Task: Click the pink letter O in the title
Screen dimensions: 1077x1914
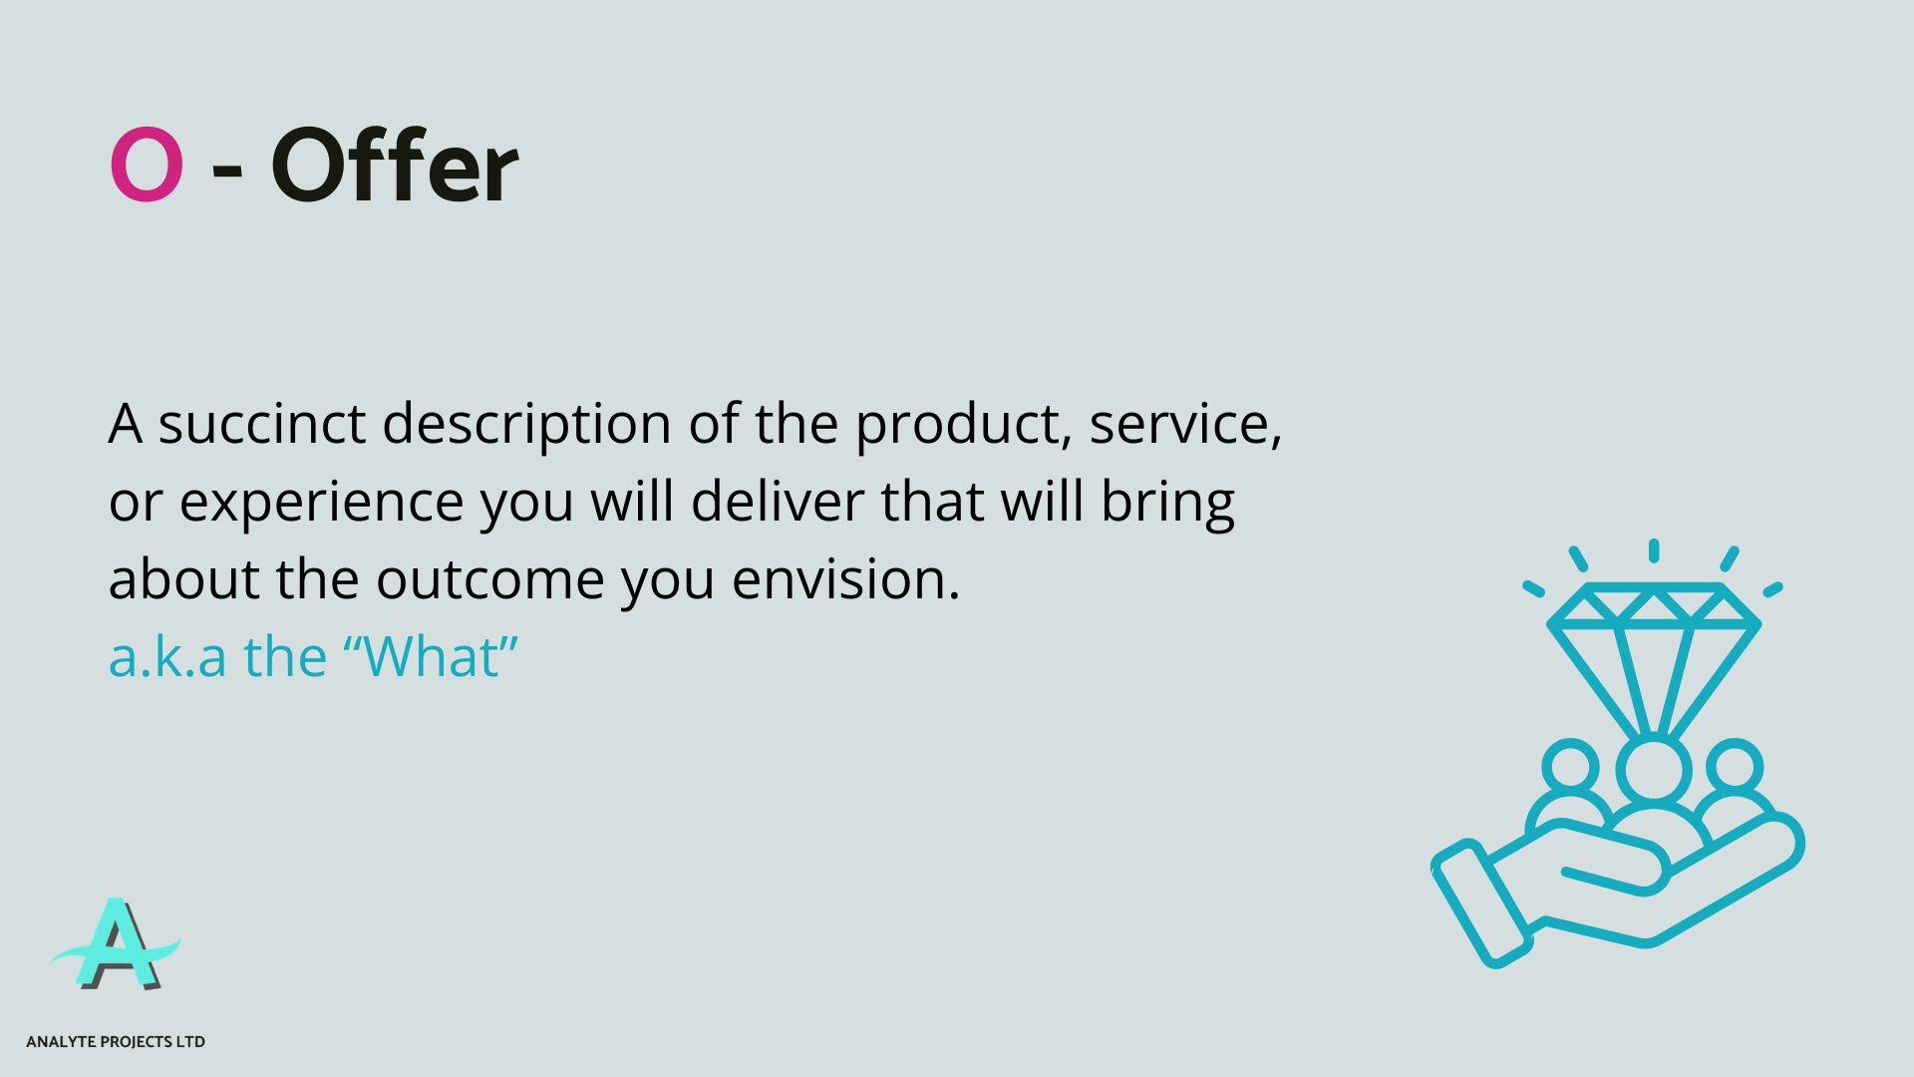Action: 147,165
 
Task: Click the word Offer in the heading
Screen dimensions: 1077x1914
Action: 394,167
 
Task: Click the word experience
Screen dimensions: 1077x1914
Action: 321,503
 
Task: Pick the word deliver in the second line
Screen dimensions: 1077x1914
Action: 778,501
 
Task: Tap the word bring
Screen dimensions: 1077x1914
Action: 1167,503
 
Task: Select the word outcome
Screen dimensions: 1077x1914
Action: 489,579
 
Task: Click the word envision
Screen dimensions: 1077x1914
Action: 844,579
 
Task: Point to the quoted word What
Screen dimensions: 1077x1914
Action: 431,657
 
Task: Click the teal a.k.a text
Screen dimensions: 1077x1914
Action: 167,657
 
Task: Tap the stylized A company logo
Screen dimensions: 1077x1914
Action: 117,944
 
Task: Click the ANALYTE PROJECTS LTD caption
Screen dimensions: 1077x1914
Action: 116,1041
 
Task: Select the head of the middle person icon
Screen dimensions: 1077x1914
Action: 1653,770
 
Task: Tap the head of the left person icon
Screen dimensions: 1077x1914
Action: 1570,767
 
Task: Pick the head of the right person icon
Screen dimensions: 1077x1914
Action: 1735,767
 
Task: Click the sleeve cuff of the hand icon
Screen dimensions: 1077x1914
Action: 1481,903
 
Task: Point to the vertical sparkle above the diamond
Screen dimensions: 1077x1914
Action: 1653,550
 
